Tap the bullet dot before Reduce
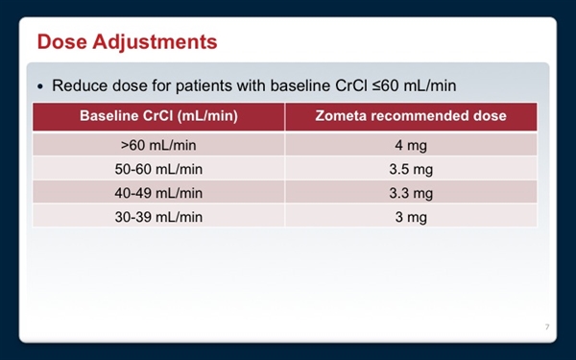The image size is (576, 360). click(x=40, y=86)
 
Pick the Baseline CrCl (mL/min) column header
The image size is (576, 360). click(x=158, y=117)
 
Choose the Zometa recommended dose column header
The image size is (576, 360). click(x=411, y=117)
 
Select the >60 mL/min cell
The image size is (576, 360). click(x=158, y=145)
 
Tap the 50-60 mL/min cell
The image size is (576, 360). click(x=158, y=169)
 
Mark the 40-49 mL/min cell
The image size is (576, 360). click(x=158, y=193)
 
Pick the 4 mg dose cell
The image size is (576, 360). click(x=411, y=145)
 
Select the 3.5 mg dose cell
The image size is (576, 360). click(x=411, y=169)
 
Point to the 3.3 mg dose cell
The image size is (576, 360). click(x=411, y=193)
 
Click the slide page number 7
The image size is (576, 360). click(x=546, y=328)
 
